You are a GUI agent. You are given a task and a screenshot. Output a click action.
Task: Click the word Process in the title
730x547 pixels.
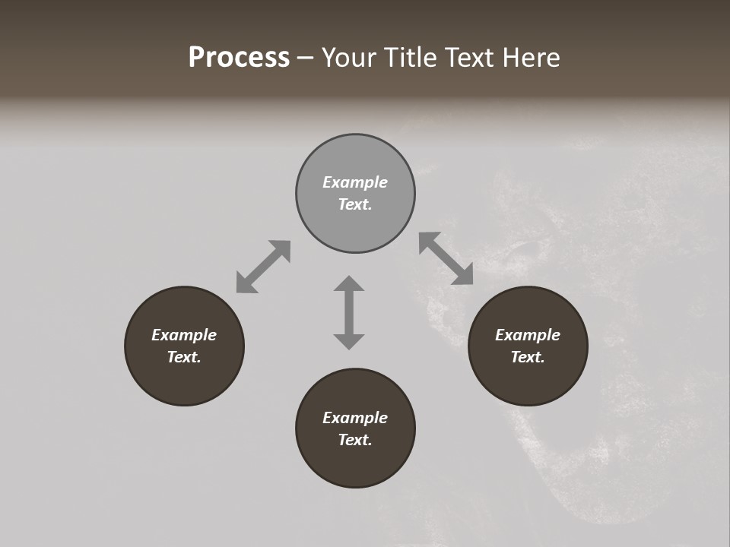pyautogui.click(x=239, y=58)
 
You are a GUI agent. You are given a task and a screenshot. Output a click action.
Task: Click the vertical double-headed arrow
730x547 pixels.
pyautogui.click(x=349, y=312)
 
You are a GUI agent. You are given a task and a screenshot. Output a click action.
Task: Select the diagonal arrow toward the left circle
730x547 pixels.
pyautogui.click(x=263, y=267)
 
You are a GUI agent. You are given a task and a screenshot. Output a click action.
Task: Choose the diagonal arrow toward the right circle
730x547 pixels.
pyautogui.click(x=446, y=258)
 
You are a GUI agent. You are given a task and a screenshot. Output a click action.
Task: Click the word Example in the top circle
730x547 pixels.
pyautogui.click(x=355, y=182)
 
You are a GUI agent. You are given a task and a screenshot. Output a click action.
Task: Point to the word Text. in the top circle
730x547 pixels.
pyautogui.click(x=355, y=204)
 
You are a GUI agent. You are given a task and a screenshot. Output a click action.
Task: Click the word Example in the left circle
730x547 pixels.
pyautogui.click(x=184, y=335)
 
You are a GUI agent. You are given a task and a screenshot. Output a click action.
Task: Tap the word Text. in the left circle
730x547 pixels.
pyautogui.click(x=184, y=357)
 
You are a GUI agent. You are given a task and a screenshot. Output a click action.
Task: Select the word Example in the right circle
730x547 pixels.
pyautogui.click(x=528, y=335)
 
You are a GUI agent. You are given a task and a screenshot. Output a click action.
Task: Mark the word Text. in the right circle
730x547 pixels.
pyautogui.click(x=528, y=357)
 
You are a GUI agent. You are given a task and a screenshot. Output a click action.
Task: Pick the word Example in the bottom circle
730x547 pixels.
pyautogui.click(x=355, y=418)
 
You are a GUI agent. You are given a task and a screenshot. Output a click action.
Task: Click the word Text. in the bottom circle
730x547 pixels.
pyautogui.click(x=355, y=440)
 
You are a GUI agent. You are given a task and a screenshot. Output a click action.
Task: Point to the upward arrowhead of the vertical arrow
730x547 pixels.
pyautogui.click(x=349, y=284)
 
